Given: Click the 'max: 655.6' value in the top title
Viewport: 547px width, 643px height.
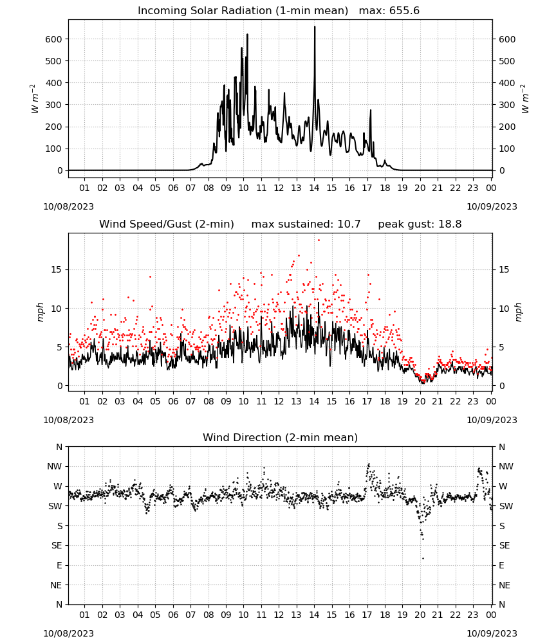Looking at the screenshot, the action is [389, 11].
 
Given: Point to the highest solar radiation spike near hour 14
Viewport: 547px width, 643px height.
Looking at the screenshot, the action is [315, 27].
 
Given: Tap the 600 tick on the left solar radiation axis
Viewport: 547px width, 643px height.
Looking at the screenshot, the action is [54, 39].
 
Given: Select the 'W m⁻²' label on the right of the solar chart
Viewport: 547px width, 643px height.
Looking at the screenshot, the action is [526, 99].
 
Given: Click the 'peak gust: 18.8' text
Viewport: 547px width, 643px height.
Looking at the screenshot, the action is [420, 224].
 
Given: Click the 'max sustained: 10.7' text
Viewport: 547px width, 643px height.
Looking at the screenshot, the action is [306, 224].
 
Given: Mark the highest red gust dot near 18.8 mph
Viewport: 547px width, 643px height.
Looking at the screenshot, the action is [319, 240].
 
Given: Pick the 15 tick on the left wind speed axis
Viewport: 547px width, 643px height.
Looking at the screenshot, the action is [57, 270].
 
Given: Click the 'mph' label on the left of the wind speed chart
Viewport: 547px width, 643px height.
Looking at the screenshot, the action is [40, 312].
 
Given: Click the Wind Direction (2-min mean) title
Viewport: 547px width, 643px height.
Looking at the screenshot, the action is [281, 437].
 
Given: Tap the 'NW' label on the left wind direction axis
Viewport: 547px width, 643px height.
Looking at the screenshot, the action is [55, 467].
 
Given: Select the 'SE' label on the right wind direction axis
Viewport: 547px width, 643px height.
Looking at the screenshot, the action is [505, 546].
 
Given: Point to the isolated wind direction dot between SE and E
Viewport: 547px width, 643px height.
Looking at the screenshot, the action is [423, 558].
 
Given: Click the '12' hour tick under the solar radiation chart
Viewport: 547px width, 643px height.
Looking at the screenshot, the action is [279, 188].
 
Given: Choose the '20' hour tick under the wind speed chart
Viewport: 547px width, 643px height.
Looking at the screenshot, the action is [420, 401].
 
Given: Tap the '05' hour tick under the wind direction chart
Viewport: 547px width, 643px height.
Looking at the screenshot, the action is [155, 615].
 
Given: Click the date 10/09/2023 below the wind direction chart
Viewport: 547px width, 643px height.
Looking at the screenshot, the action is [492, 633].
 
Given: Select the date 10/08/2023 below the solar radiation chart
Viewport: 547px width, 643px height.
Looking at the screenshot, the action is [68, 206].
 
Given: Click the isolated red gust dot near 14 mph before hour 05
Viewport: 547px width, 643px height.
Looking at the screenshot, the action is [150, 276].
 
